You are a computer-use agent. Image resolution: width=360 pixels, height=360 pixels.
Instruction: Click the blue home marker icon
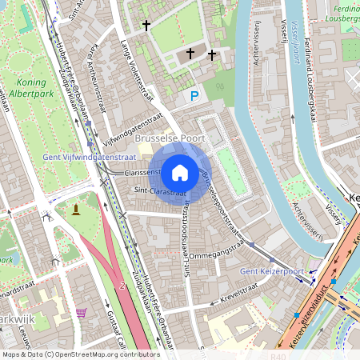click(180, 172)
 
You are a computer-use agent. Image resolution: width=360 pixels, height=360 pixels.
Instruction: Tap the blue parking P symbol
click(194, 96)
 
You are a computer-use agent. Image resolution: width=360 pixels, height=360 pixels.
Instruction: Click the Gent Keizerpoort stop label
click(272, 272)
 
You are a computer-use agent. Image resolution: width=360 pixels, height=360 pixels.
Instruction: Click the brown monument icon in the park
click(76, 210)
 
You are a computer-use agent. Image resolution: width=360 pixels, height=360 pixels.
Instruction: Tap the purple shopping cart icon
click(80, 313)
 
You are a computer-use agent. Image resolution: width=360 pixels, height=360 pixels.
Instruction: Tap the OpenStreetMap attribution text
click(80, 354)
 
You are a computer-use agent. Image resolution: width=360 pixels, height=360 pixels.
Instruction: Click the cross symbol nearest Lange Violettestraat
click(146, 26)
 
